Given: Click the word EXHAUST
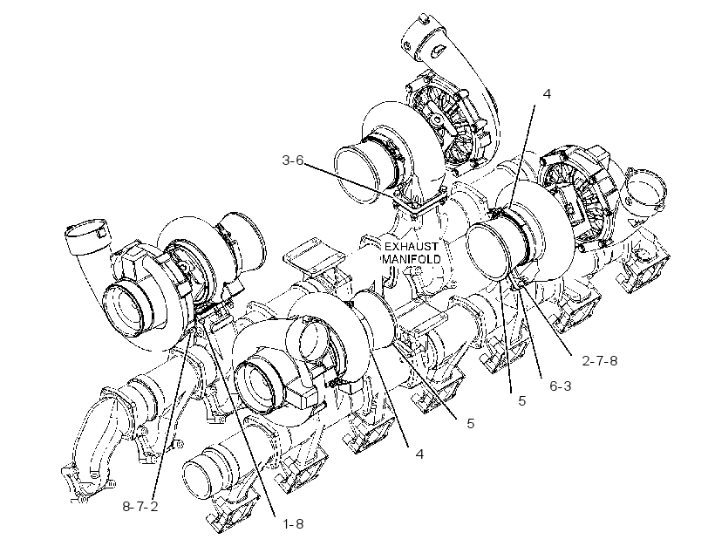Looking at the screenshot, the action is coord(411,246).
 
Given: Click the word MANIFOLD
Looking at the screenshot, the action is coord(412,259).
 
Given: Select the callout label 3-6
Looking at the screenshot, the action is coord(292,160).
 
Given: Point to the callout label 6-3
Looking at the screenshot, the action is coord(561,386).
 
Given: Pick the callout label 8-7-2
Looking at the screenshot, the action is coord(140,506).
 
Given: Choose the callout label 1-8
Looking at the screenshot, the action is coord(293,524).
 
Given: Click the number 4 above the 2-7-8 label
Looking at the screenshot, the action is coord(547,93).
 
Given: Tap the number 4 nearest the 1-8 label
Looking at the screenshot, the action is coord(419,454).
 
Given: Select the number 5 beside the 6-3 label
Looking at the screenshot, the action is coord(522,401).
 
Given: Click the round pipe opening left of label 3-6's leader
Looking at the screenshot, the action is coord(359,174).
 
